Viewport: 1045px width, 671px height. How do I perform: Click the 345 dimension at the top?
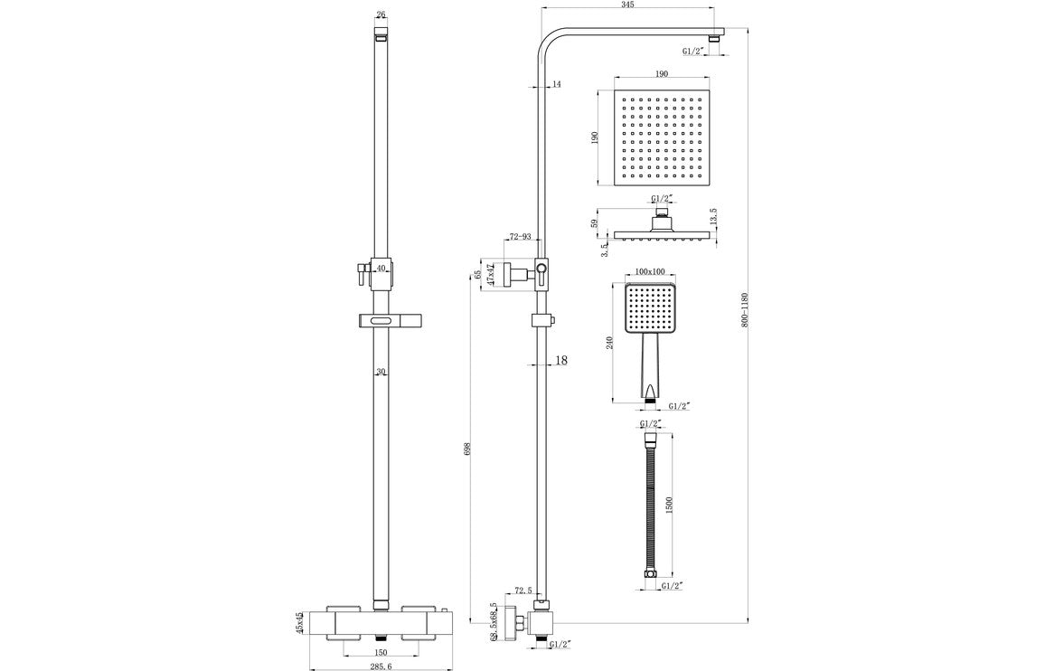627,5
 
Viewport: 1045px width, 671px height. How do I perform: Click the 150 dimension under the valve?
381,652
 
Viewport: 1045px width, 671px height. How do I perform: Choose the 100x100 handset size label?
650,271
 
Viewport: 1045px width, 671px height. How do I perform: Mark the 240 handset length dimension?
610,342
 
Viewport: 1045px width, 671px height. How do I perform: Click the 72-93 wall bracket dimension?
521,237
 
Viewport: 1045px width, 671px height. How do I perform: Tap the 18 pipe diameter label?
560,360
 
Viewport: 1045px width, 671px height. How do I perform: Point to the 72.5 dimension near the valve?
523,590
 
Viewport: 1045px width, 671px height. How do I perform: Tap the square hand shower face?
650,307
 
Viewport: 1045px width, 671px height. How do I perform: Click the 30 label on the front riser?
381,372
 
